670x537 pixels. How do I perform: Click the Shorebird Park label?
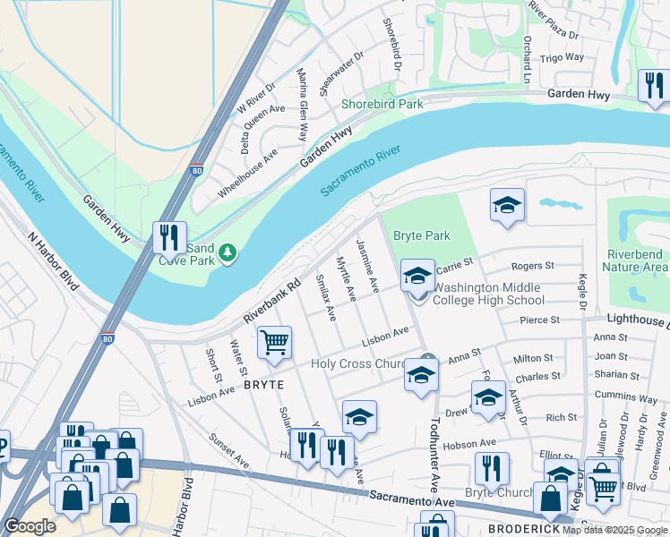382,105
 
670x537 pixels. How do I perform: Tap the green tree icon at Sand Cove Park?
228,253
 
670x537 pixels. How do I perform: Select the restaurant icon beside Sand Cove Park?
169,238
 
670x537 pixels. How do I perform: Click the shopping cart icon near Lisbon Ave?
274,342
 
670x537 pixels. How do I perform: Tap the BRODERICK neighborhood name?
524,529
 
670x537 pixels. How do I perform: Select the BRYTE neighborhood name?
262,384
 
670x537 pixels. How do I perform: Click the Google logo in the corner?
30,526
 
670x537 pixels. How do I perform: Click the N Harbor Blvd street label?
55,266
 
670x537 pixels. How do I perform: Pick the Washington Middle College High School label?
486,294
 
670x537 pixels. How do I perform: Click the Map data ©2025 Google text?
615,529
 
